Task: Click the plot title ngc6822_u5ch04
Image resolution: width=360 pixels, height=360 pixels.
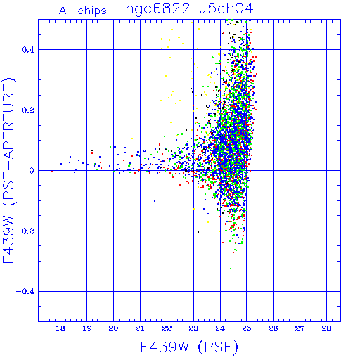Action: [x=189, y=9]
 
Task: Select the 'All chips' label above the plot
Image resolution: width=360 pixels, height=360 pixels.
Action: [x=83, y=11]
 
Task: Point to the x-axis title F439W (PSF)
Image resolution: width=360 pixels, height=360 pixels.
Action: [x=189, y=347]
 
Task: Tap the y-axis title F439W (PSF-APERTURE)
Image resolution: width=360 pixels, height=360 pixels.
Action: [x=8, y=171]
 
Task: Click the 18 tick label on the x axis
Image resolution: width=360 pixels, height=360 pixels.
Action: [x=60, y=328]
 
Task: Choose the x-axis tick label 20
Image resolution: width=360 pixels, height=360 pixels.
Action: [x=113, y=328]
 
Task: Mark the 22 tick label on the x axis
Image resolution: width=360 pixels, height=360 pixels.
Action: [x=167, y=328]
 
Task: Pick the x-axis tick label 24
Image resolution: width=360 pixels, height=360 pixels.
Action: [x=220, y=328]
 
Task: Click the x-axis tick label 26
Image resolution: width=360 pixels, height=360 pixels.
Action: [x=274, y=328]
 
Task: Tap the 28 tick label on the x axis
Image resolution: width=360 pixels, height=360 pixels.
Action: [x=326, y=328]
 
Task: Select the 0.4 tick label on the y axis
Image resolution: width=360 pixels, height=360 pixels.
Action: [x=28, y=50]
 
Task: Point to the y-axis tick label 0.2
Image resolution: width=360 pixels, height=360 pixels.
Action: [x=28, y=110]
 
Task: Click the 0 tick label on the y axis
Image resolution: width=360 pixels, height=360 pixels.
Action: [x=32, y=171]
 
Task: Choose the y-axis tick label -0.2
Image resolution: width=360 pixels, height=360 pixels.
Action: [x=25, y=231]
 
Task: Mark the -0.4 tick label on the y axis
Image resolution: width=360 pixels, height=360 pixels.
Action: [x=25, y=292]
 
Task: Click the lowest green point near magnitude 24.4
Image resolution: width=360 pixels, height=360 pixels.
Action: [x=231, y=269]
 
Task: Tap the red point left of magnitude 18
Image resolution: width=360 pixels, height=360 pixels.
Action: [x=52, y=172]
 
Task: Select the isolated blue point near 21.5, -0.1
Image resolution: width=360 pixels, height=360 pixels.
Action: [x=155, y=201]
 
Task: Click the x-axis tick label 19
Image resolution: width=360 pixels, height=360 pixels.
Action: [x=87, y=328]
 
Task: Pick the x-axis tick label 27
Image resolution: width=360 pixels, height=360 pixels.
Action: [x=300, y=328]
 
